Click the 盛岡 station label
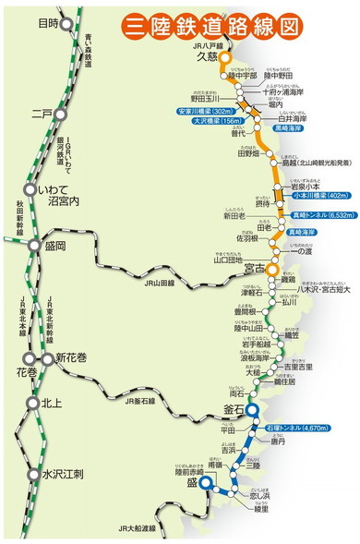coord(54,248)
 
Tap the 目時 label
coord(49,23)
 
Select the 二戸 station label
coord(42,114)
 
